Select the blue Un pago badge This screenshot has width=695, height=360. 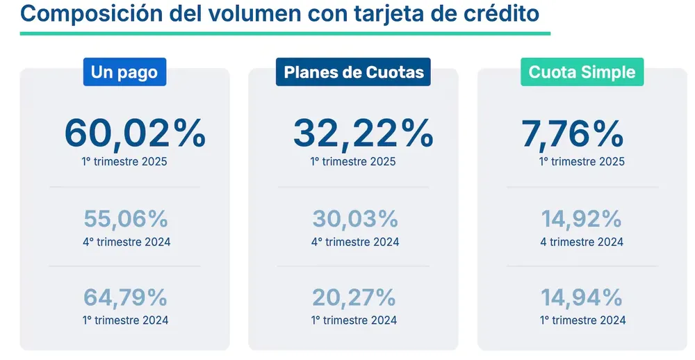pyautogui.click(x=124, y=72)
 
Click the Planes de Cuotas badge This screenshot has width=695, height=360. pyautogui.click(x=354, y=72)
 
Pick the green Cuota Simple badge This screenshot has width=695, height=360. pyautogui.click(x=582, y=72)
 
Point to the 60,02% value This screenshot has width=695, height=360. pyautogui.click(x=135, y=133)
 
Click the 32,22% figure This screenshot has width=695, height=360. pyautogui.click(x=363, y=133)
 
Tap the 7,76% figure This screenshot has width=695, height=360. pyautogui.click(x=572, y=133)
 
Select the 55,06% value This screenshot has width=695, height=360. pyautogui.click(x=126, y=219)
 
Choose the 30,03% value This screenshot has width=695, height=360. pyautogui.click(x=355, y=219)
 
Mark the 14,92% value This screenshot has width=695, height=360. pyautogui.click(x=582, y=219)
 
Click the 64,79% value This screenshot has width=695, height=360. pyautogui.click(x=126, y=297)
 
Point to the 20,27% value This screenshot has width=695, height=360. pyautogui.click(x=354, y=297)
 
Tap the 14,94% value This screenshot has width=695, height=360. pyautogui.click(x=582, y=297)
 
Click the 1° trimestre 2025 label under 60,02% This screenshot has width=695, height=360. pyautogui.click(x=124, y=162)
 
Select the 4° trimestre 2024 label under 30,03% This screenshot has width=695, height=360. pyautogui.click(x=355, y=242)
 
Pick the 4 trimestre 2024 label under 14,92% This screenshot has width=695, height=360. pyautogui.click(x=582, y=242)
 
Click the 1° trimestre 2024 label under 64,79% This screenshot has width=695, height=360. pyautogui.click(x=125, y=320)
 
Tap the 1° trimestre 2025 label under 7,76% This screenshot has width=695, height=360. pyautogui.click(x=582, y=162)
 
